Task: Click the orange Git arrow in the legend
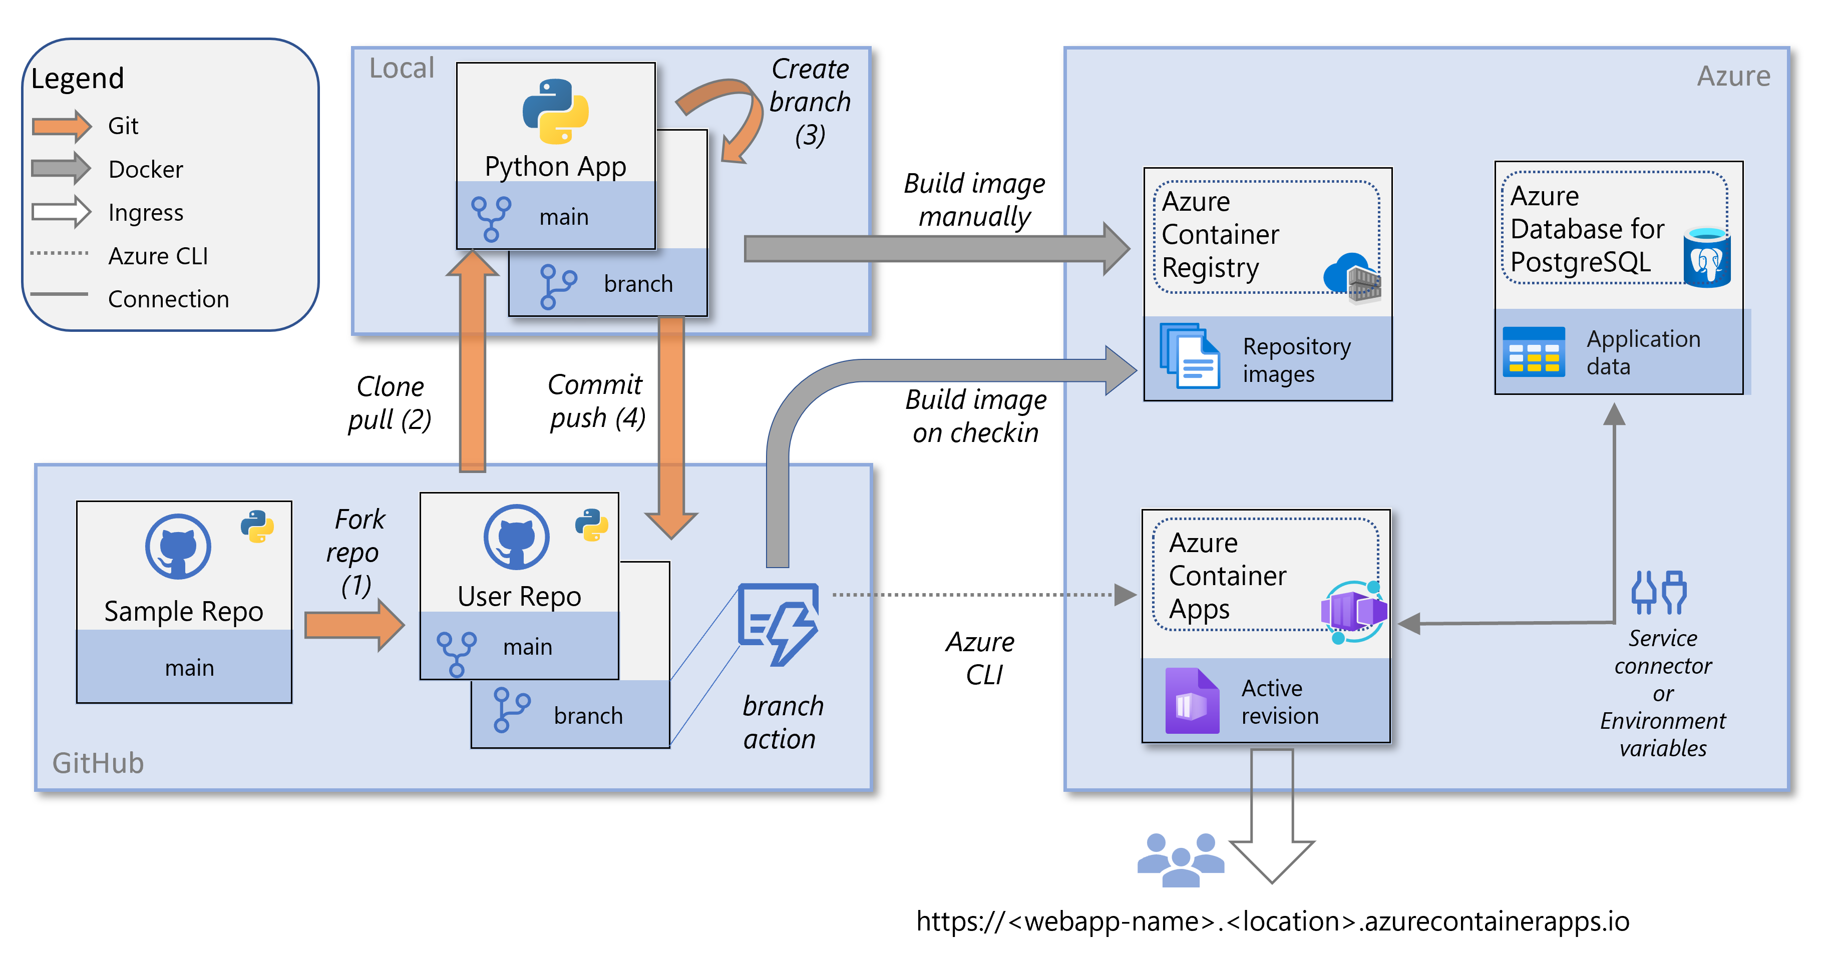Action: click(61, 126)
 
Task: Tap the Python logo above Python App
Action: click(555, 111)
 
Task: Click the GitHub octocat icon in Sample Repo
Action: click(178, 546)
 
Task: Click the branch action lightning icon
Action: click(779, 623)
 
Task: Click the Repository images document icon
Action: click(1190, 356)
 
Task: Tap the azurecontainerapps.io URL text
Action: click(1272, 921)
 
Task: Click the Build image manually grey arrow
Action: click(932, 249)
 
